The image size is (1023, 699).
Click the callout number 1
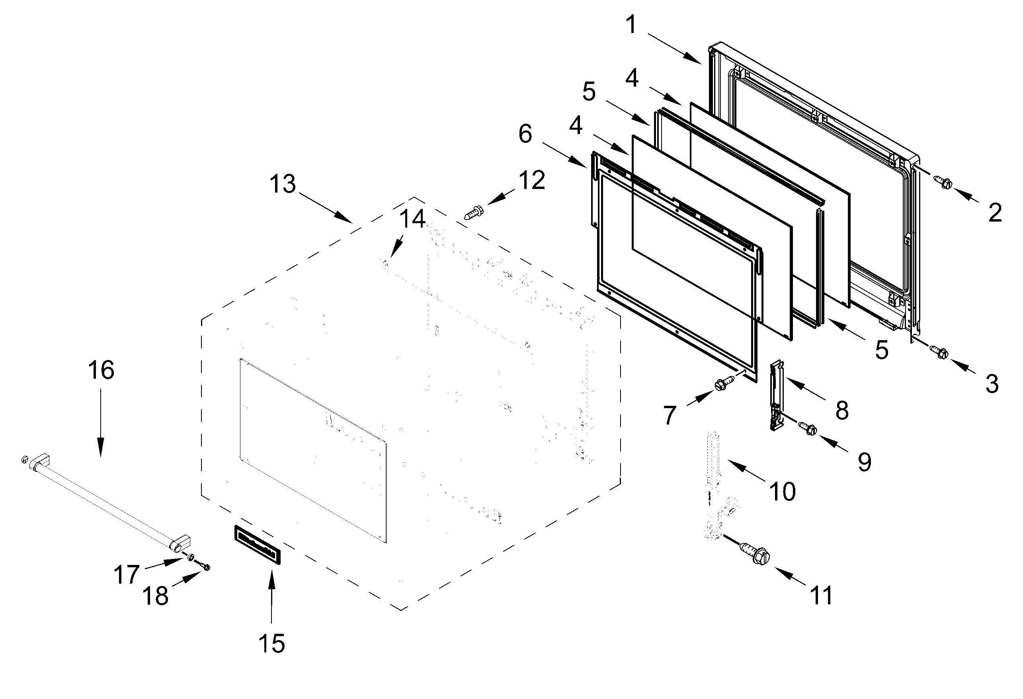pos(631,24)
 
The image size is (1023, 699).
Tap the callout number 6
pos(525,134)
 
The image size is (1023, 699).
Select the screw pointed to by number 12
pos(473,214)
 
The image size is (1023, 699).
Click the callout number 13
pos(282,184)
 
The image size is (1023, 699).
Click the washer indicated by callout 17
pos(191,557)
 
